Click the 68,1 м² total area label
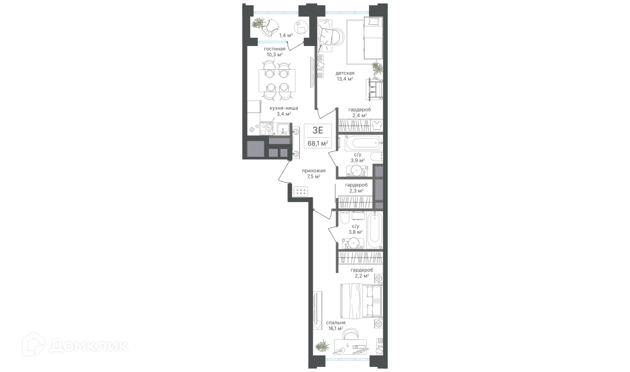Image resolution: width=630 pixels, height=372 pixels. tap(318, 143)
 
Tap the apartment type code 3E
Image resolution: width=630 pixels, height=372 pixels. tap(318, 130)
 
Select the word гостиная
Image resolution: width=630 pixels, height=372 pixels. tap(275, 49)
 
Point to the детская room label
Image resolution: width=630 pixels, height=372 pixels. tap(345, 73)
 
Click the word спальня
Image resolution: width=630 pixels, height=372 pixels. tap(335, 323)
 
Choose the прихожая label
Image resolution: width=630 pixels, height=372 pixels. tap(314, 171)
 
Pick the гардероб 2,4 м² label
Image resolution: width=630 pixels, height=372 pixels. tap(360, 113)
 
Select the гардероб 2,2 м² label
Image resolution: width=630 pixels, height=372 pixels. tap(362, 273)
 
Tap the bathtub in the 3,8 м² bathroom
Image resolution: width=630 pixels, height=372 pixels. tap(375, 231)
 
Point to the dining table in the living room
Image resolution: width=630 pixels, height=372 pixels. tap(80, 80)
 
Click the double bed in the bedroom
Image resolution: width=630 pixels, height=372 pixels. tap(361, 301)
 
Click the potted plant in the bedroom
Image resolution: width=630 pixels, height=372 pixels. tap(322, 346)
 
